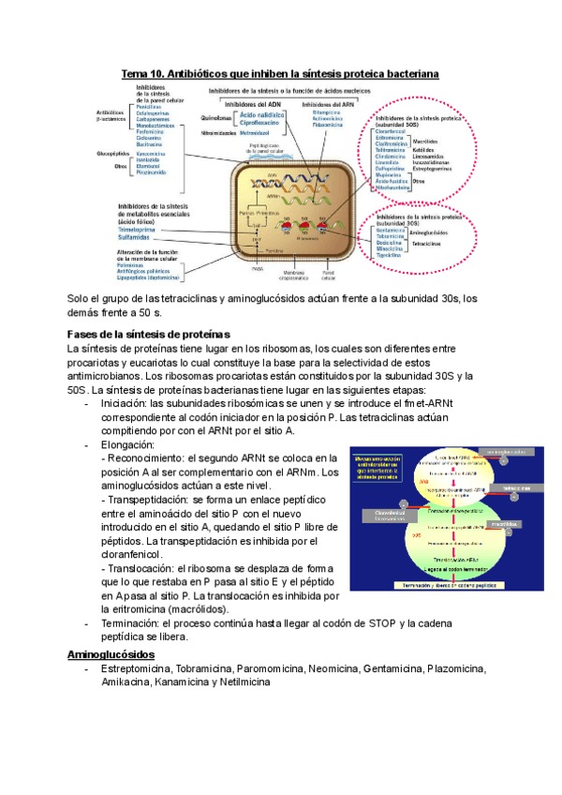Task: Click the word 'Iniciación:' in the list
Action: pyautogui.click(x=128, y=404)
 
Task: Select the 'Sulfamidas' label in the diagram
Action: pyautogui.click(x=139, y=238)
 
